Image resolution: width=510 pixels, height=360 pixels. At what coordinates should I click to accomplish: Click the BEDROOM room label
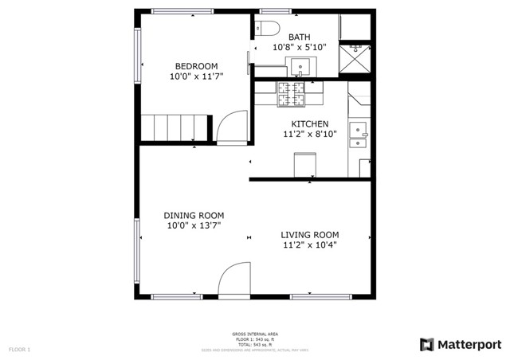tap(196, 66)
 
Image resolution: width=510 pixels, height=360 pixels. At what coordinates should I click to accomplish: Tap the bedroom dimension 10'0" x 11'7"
tap(196, 77)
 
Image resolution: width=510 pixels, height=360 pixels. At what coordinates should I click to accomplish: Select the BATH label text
tap(300, 37)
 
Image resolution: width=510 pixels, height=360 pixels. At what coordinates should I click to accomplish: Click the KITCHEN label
tap(309, 123)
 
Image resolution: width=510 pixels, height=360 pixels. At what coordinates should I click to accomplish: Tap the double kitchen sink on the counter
tap(359, 135)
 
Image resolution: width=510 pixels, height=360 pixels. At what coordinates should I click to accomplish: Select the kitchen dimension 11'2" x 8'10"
tap(309, 135)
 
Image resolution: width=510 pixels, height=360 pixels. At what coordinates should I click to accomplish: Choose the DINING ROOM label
tap(194, 215)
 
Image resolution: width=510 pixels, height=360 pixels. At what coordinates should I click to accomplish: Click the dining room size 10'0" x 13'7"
tap(194, 226)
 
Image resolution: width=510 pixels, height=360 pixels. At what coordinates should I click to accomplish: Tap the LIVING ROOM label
tap(310, 234)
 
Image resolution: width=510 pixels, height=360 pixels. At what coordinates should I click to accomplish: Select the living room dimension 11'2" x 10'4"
tap(310, 245)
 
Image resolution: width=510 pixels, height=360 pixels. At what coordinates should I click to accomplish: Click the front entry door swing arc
tap(233, 280)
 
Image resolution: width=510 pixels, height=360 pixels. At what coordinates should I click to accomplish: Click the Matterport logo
tap(461, 344)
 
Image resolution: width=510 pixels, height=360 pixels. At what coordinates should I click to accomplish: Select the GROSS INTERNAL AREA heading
tap(254, 334)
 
